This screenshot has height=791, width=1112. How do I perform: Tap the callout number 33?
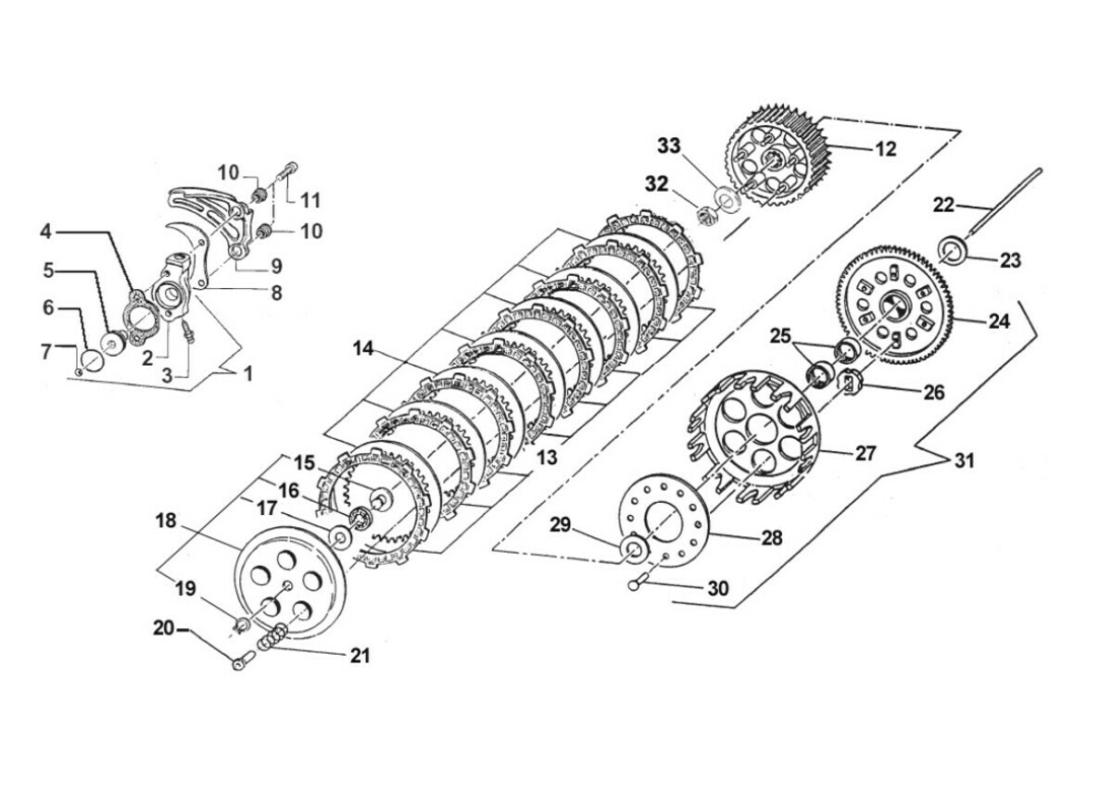tap(669, 146)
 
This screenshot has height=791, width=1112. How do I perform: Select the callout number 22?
tap(943, 205)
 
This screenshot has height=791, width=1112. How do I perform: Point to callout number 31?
tap(964, 461)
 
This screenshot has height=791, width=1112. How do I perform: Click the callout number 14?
tap(363, 349)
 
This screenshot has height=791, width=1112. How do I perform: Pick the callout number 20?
tap(164, 628)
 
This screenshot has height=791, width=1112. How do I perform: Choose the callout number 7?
tap(46, 352)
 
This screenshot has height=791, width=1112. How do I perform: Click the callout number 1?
tap(248, 373)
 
